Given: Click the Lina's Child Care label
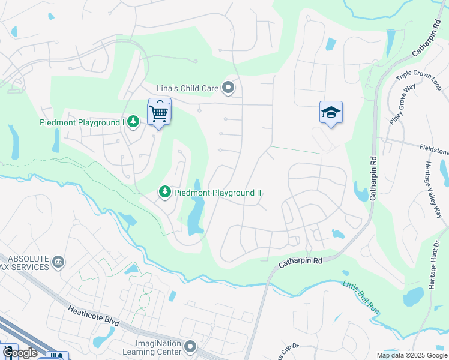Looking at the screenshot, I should pyautogui.click(x=187, y=88).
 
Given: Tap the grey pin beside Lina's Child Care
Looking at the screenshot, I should pyautogui.click(x=228, y=88).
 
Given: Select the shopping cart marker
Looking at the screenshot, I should pyautogui.click(x=159, y=112).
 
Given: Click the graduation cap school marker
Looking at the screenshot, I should pyautogui.click(x=331, y=113).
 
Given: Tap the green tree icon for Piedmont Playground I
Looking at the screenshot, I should pyautogui.click(x=133, y=122).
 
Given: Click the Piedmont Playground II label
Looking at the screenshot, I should pyautogui.click(x=217, y=193).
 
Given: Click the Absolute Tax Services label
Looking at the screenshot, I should pyautogui.click(x=24, y=262).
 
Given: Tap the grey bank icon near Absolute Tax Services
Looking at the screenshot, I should pyautogui.click(x=58, y=262).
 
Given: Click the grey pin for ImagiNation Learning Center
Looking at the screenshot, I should pyautogui.click(x=191, y=347).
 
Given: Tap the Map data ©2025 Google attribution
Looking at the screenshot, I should pyautogui.click(x=411, y=355).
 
